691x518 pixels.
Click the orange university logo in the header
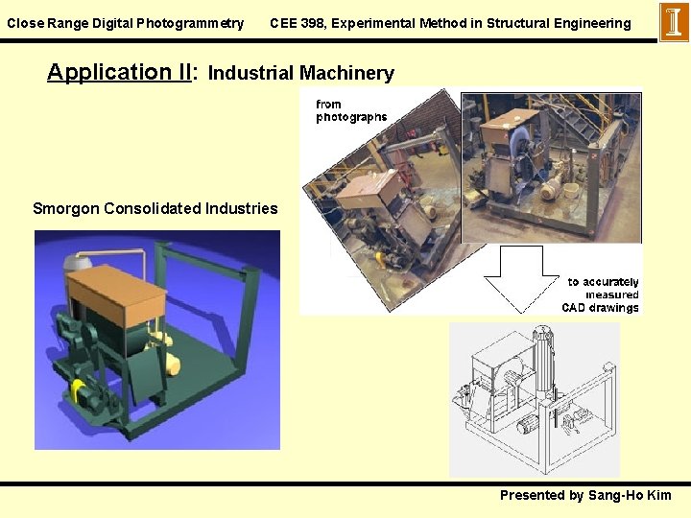(x=674, y=21)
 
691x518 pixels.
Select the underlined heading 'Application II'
(x=120, y=72)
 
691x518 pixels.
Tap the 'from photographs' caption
(x=351, y=110)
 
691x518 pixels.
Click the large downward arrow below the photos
(x=522, y=279)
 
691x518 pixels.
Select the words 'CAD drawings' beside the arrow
(x=600, y=308)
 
